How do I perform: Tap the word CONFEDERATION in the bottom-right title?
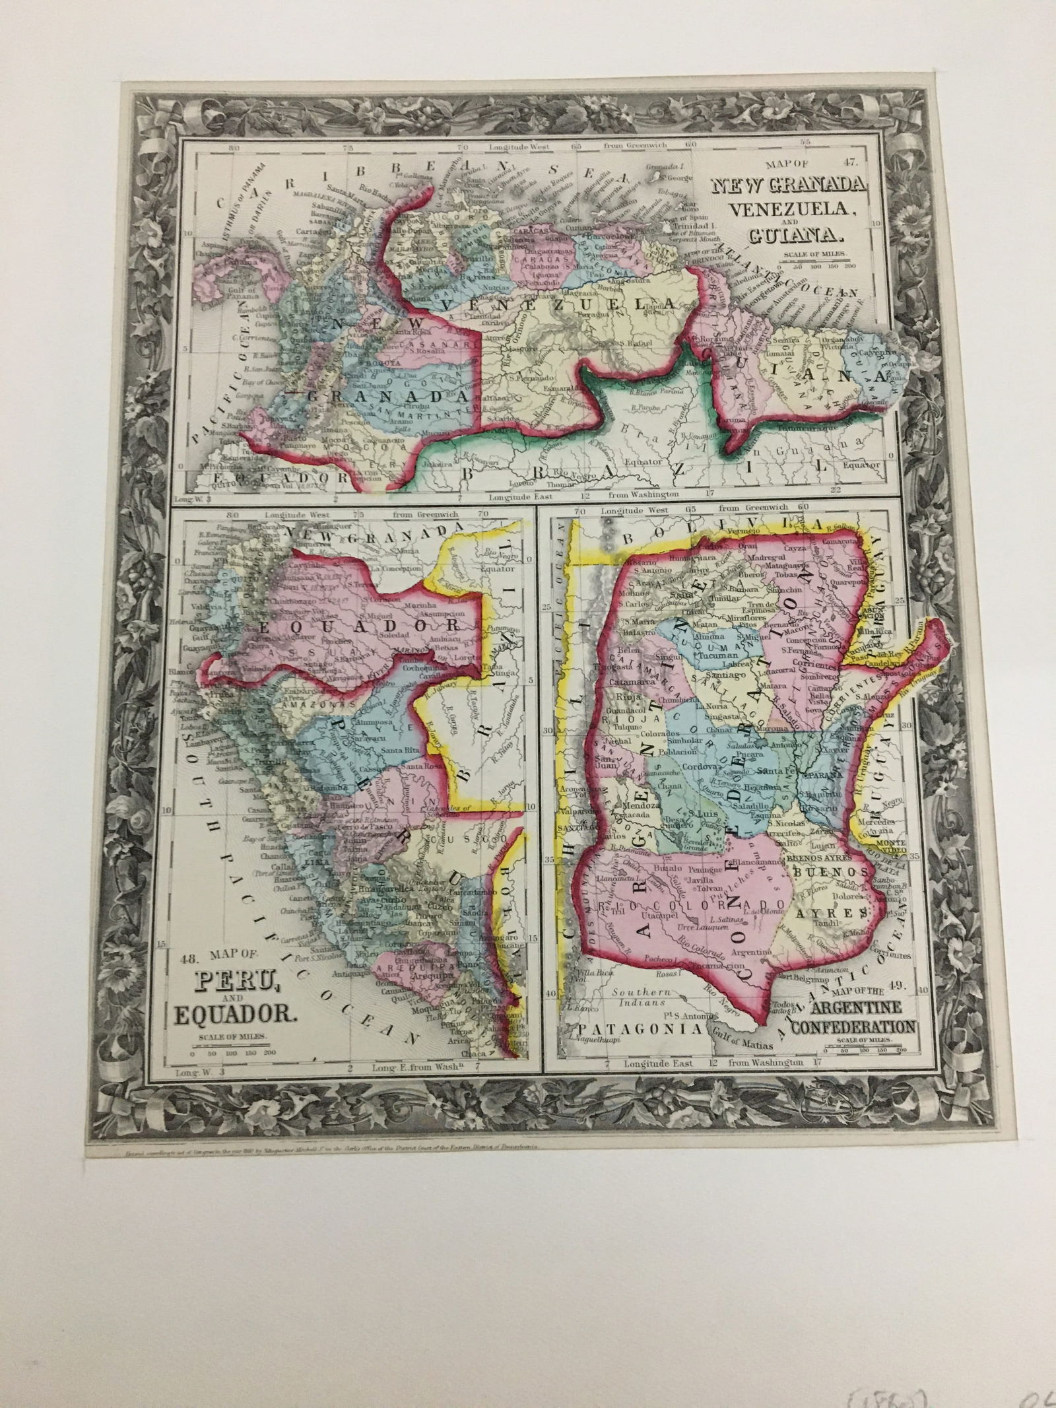coord(853,1026)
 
